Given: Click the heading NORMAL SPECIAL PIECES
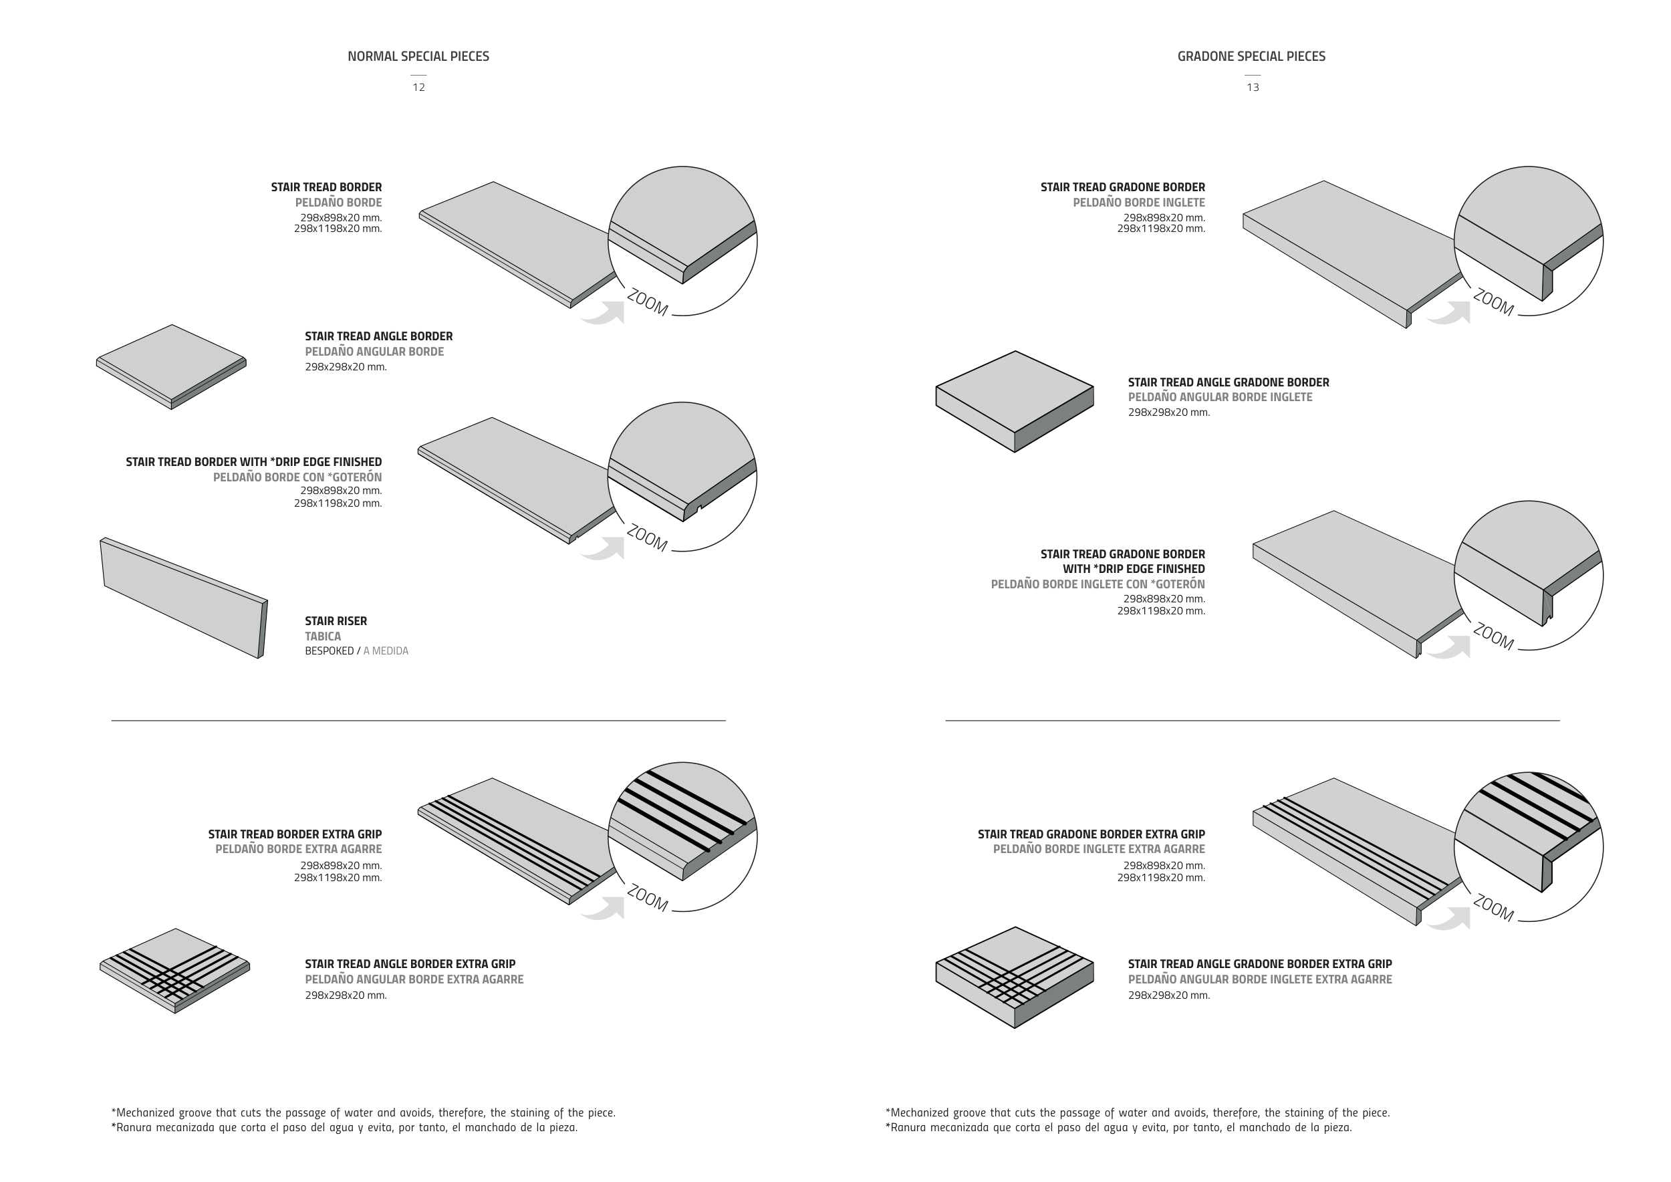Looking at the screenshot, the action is point(418,56).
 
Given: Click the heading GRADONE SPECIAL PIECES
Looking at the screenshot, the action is point(1252,56).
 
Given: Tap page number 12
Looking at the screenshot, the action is point(418,88).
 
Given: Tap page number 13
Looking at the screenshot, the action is point(1253,88).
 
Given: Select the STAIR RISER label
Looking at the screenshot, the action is point(336,621).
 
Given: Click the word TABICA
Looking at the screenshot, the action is point(322,636).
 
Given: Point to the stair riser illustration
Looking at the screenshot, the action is point(183,598).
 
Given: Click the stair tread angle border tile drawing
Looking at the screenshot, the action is point(171,367).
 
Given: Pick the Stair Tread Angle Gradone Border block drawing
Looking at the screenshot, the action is point(1015,402).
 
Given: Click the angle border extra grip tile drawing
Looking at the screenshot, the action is point(174,971).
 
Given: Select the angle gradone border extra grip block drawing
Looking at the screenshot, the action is point(1015,977).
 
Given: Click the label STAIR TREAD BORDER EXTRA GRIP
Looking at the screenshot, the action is point(295,834).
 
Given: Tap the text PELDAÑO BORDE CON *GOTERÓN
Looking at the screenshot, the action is point(297,477).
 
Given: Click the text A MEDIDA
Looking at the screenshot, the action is point(386,651).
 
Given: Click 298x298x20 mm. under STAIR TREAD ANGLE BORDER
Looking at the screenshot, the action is point(346,367).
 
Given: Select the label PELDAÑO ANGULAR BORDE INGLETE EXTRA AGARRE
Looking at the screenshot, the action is point(1260,979).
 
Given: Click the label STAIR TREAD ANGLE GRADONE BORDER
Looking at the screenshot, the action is point(1229,382).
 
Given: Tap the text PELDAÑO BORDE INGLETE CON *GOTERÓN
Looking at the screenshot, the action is point(1098,584).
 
